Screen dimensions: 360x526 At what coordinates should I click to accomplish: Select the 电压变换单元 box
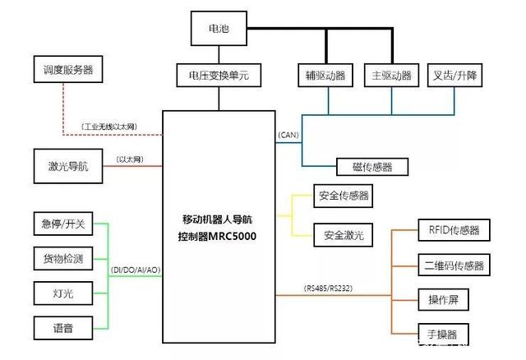(219, 76)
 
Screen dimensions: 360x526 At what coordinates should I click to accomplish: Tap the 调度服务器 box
(62, 69)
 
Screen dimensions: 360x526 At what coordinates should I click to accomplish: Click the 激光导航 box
(62, 167)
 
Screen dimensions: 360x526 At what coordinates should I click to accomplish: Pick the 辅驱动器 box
(325, 76)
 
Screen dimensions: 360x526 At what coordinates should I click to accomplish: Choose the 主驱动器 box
(390, 76)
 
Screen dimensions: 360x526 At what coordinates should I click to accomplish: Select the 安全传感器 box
(342, 196)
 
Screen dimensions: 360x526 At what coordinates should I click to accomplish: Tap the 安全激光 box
(342, 236)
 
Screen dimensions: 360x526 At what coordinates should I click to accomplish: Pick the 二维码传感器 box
(454, 265)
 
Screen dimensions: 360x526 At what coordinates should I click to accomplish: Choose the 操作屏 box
(443, 299)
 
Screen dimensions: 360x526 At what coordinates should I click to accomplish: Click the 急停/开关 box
(62, 224)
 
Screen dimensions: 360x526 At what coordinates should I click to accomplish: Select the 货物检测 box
(62, 259)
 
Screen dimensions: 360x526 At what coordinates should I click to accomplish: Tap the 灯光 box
(62, 293)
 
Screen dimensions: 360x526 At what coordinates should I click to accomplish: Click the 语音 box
(62, 328)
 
